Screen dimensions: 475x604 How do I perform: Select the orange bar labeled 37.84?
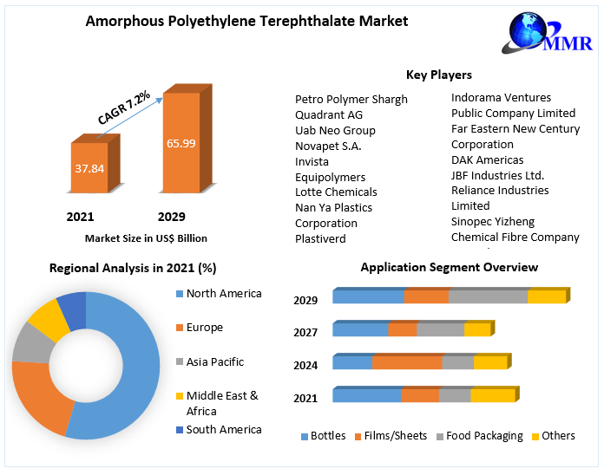(x=89, y=167)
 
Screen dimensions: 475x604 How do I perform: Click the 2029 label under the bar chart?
(x=171, y=217)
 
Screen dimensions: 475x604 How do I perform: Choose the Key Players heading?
(x=439, y=75)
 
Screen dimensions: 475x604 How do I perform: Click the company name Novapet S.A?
(x=328, y=146)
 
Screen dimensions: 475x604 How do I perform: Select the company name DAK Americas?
(x=487, y=159)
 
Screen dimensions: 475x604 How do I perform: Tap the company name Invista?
(x=312, y=161)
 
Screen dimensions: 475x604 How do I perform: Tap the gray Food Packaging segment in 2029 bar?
(x=488, y=296)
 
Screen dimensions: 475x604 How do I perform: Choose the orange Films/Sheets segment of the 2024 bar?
(x=407, y=362)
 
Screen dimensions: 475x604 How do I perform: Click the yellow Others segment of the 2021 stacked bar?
(x=492, y=395)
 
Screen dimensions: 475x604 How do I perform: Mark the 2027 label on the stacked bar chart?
(x=305, y=333)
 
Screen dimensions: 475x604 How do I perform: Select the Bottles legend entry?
(x=323, y=436)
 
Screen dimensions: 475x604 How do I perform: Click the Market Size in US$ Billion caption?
(x=146, y=238)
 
